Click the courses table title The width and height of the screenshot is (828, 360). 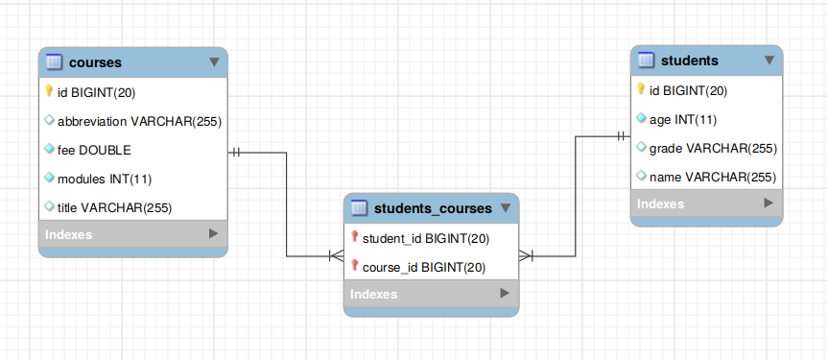coord(95,62)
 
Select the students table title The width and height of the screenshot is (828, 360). coord(690,60)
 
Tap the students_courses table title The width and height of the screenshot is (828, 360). coord(432,207)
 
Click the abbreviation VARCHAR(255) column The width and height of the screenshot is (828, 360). coord(140,122)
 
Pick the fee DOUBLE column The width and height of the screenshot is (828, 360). coord(94,151)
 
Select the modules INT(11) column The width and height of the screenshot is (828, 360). coord(105,180)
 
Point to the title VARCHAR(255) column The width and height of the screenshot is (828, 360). coord(114,207)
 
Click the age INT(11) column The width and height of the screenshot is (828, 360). coord(683,120)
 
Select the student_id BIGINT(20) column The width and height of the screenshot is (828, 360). coord(426,238)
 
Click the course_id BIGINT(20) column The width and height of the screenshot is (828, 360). coord(424,267)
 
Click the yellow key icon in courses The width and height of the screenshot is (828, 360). coord(49,92)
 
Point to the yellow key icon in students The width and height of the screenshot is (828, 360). coord(642,90)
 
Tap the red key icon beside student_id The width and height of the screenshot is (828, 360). coord(354,237)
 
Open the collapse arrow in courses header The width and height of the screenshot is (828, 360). coord(213,62)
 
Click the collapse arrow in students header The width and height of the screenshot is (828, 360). coord(769,60)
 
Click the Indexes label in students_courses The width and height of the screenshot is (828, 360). coord(374,294)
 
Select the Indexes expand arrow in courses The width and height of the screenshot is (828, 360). coord(213,233)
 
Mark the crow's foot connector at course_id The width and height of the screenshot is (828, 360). coord(335,257)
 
